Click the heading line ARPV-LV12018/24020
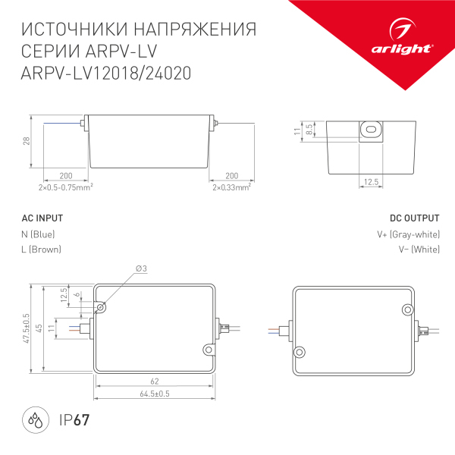pos(106,74)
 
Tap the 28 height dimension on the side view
pos(26,142)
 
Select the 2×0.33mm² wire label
pos(231,187)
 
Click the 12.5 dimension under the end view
pos(370,182)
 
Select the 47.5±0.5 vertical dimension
pos(26,328)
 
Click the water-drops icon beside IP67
pos(35,421)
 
